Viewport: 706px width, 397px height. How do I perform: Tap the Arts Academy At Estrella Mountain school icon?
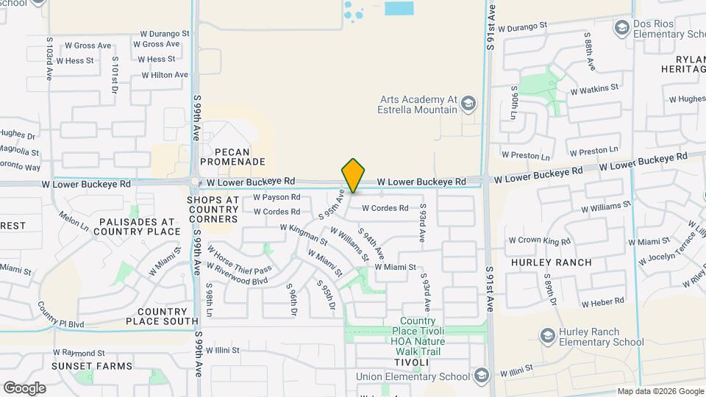(x=468, y=104)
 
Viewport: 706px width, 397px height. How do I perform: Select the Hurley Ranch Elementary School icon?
(x=547, y=336)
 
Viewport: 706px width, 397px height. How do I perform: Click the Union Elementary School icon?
(x=481, y=376)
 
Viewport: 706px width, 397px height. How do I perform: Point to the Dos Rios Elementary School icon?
(x=622, y=28)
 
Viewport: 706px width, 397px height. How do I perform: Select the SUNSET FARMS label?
(x=92, y=366)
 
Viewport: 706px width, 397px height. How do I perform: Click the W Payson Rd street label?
(x=277, y=197)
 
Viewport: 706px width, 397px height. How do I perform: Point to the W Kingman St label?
(x=304, y=235)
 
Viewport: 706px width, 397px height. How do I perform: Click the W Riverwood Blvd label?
(x=238, y=273)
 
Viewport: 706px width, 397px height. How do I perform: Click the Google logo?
(x=24, y=387)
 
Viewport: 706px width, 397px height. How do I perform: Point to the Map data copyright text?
(x=660, y=392)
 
